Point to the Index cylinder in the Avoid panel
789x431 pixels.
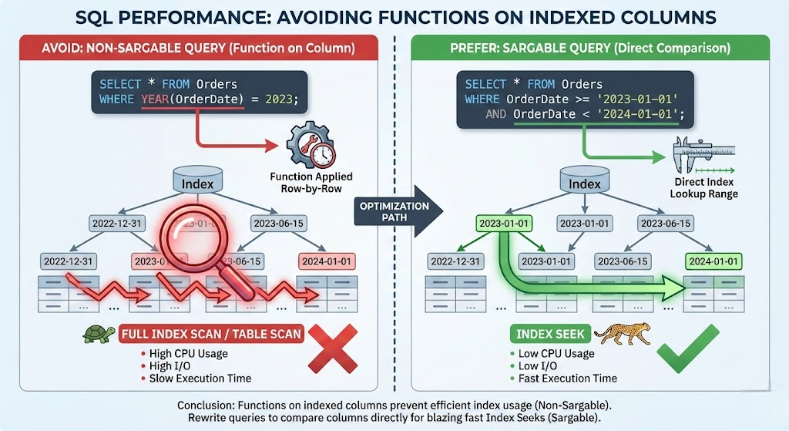pos(197,184)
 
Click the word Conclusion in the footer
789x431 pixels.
pos(205,406)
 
